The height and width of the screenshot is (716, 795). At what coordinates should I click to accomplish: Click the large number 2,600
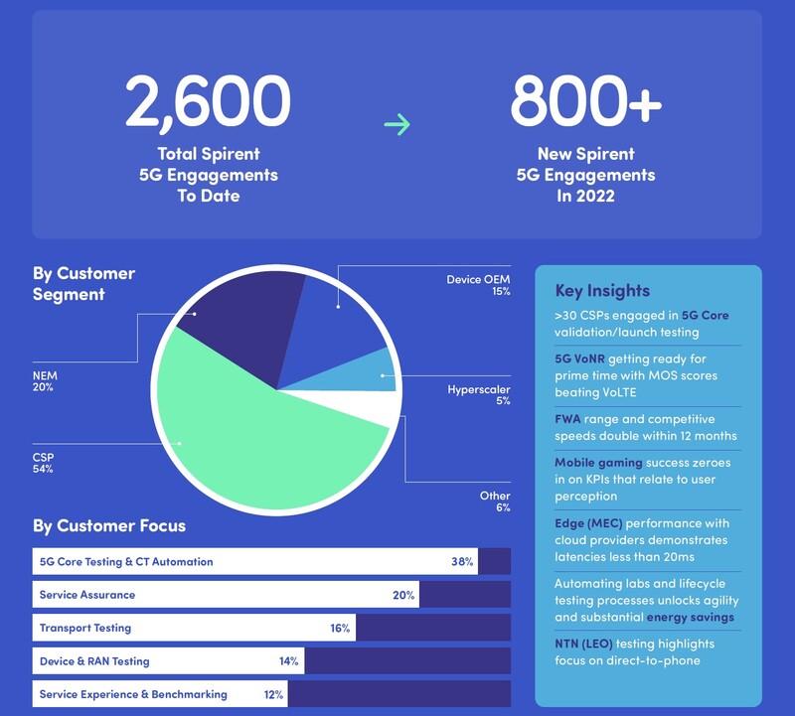[208, 101]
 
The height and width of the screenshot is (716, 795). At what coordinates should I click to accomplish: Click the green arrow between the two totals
[397, 124]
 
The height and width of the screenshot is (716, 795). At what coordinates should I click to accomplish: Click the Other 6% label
[494, 501]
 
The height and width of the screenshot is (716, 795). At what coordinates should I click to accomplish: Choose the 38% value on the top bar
[461, 561]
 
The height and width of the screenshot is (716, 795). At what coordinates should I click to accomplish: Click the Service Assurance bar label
[87, 595]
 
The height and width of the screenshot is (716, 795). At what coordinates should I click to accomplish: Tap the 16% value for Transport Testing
[340, 628]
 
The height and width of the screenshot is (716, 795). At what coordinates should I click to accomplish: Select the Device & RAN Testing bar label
[94, 660]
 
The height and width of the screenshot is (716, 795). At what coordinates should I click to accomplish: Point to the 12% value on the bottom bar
[274, 694]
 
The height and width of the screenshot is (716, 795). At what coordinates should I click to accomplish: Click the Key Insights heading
[602, 291]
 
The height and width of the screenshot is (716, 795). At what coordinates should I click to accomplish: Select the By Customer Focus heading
[109, 525]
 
